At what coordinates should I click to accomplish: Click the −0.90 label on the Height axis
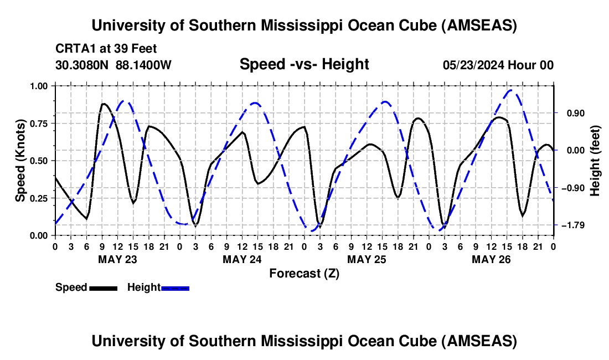click(569, 188)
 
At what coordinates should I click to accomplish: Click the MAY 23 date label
click(117, 259)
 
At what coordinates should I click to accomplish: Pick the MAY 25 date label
click(367, 259)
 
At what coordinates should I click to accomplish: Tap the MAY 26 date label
click(491, 259)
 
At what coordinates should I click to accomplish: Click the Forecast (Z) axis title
click(304, 273)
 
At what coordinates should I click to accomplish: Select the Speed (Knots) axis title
click(20, 160)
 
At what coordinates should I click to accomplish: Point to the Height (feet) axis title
click(595, 160)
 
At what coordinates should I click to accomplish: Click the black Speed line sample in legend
click(103, 287)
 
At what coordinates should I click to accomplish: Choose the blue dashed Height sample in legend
click(176, 287)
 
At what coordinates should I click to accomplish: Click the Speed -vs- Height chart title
click(304, 65)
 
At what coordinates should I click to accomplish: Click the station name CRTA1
click(73, 49)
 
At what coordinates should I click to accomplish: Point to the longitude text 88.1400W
click(143, 65)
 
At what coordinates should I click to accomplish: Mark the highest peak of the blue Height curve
click(513, 90)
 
